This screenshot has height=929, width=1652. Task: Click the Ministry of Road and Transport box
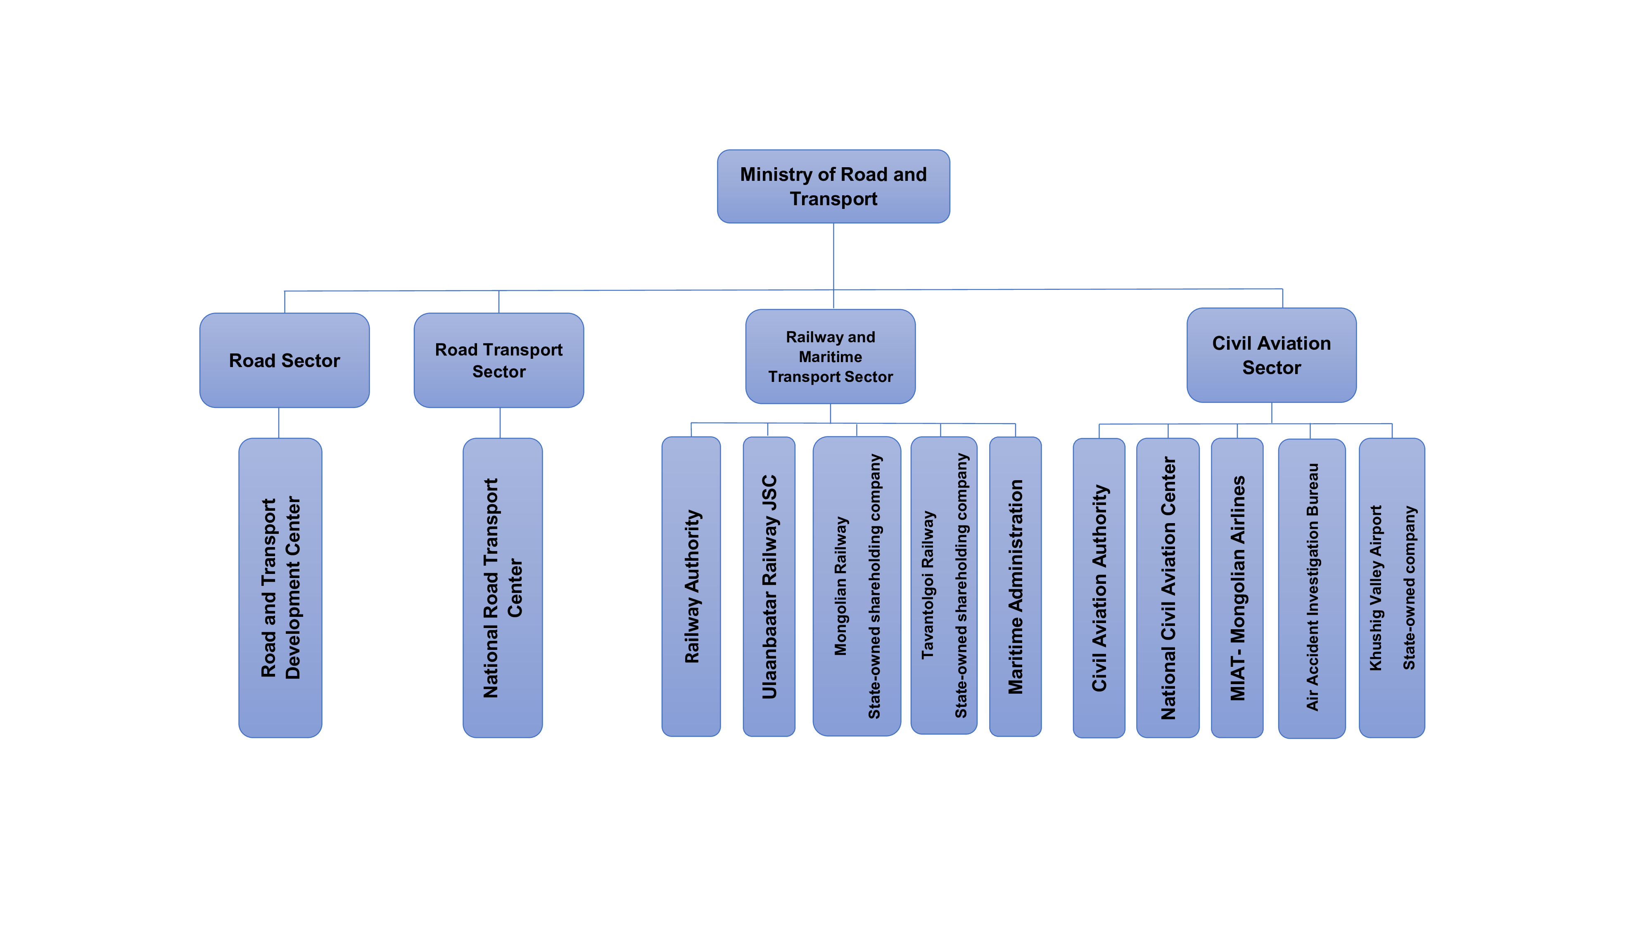click(833, 187)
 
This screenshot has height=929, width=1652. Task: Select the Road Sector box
click(284, 360)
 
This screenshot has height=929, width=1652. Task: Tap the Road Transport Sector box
click(498, 360)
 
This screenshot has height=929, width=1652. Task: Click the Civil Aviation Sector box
click(1271, 355)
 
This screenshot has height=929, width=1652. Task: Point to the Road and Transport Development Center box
click(280, 587)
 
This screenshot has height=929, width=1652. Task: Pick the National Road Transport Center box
click(502, 587)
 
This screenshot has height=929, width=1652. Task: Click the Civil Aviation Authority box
click(1099, 587)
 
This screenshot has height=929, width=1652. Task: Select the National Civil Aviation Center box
click(1167, 587)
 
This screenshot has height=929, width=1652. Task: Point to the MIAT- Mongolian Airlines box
click(1237, 587)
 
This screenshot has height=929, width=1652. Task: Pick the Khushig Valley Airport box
click(1392, 587)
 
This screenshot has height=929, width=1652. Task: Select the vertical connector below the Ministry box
click(833, 256)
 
